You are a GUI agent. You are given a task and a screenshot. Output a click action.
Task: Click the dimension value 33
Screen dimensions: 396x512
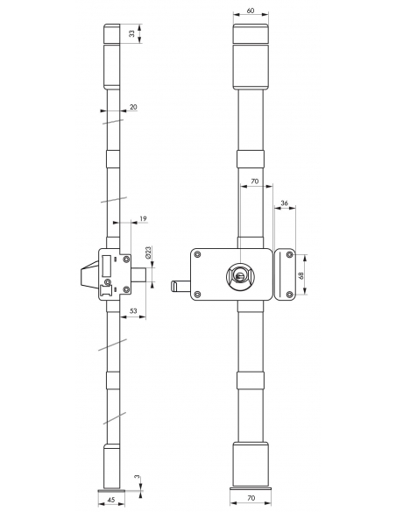coord(131,33)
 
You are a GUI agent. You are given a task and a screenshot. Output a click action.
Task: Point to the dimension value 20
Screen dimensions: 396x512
coord(133,107)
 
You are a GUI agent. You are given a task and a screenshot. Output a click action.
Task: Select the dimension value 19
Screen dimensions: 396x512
coord(143,218)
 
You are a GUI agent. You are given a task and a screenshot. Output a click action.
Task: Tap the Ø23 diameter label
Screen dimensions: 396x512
coord(148,252)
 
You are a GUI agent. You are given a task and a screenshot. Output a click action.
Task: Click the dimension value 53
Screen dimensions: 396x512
coord(133,311)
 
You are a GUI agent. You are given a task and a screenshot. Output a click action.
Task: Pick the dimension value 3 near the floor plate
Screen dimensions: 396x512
coord(138,477)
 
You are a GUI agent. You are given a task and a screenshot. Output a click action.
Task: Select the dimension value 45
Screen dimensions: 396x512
coord(111,500)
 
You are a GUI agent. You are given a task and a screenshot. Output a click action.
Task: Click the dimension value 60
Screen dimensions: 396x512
coord(251,11)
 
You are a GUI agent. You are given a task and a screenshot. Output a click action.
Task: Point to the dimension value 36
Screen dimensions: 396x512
coord(285,203)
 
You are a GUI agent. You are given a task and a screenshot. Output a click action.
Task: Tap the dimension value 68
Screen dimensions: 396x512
coord(301,275)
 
